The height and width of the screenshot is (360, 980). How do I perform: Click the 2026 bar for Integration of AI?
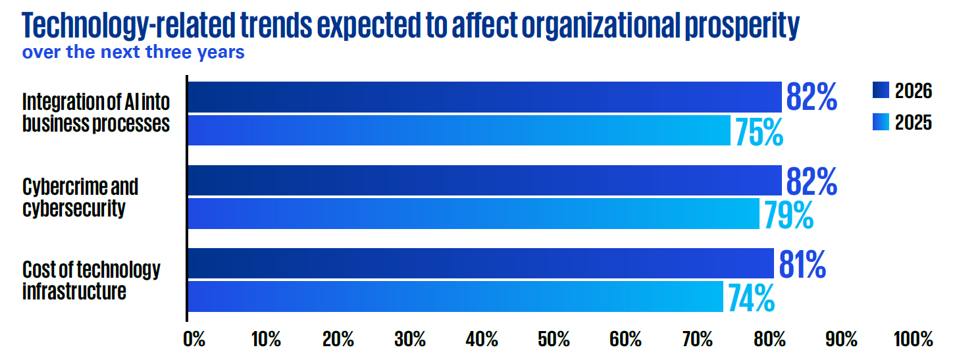(x=485, y=97)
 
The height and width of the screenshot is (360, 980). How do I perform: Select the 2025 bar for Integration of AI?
(x=459, y=130)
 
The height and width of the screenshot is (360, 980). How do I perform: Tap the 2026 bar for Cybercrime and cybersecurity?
(x=485, y=180)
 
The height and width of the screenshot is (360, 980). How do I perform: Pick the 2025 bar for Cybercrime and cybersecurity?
(x=474, y=213)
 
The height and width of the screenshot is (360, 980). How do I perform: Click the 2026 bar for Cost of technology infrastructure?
(x=481, y=263)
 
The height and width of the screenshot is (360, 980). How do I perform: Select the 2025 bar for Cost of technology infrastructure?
(x=455, y=297)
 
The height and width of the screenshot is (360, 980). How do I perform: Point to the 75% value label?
(x=759, y=132)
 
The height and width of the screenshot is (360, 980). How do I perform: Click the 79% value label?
(x=789, y=215)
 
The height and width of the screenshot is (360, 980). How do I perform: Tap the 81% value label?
(x=802, y=264)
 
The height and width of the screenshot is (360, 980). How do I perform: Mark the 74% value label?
(x=751, y=297)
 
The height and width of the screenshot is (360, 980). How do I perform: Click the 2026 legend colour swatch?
(x=881, y=90)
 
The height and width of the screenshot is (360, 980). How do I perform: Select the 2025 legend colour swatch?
(x=881, y=122)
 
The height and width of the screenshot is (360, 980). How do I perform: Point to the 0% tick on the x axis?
(x=194, y=339)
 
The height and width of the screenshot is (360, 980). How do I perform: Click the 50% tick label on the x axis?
(x=554, y=339)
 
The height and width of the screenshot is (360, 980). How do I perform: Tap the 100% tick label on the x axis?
(x=913, y=339)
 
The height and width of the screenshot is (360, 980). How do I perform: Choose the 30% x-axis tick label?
(x=410, y=339)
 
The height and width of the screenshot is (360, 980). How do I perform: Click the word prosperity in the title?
(x=742, y=26)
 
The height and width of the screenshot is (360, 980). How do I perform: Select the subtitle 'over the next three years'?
(x=134, y=52)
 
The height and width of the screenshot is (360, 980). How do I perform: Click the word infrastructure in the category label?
(x=74, y=292)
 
